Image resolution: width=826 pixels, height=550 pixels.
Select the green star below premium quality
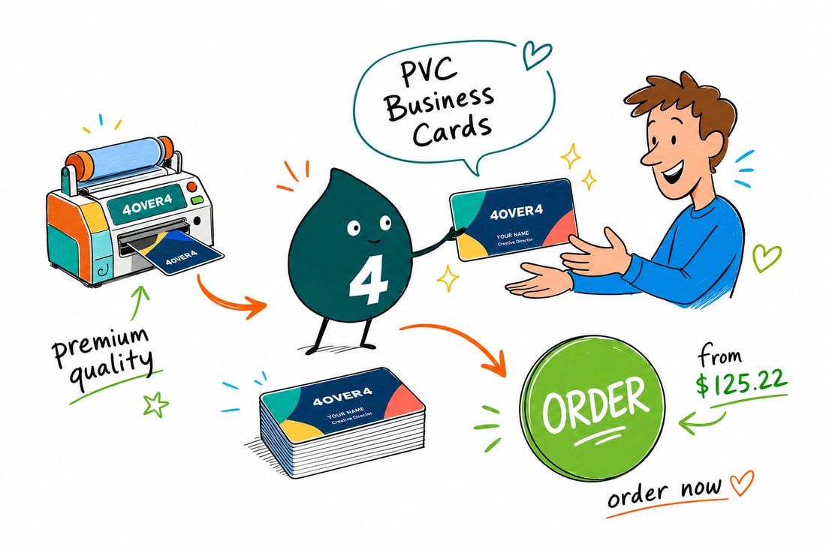coord(156,404)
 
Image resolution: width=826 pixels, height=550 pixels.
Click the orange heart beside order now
coord(742,482)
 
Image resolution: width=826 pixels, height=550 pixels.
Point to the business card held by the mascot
coord(514,219)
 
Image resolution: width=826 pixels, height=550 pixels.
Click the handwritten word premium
coord(100,343)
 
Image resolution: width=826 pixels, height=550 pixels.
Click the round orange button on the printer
coord(191,186)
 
